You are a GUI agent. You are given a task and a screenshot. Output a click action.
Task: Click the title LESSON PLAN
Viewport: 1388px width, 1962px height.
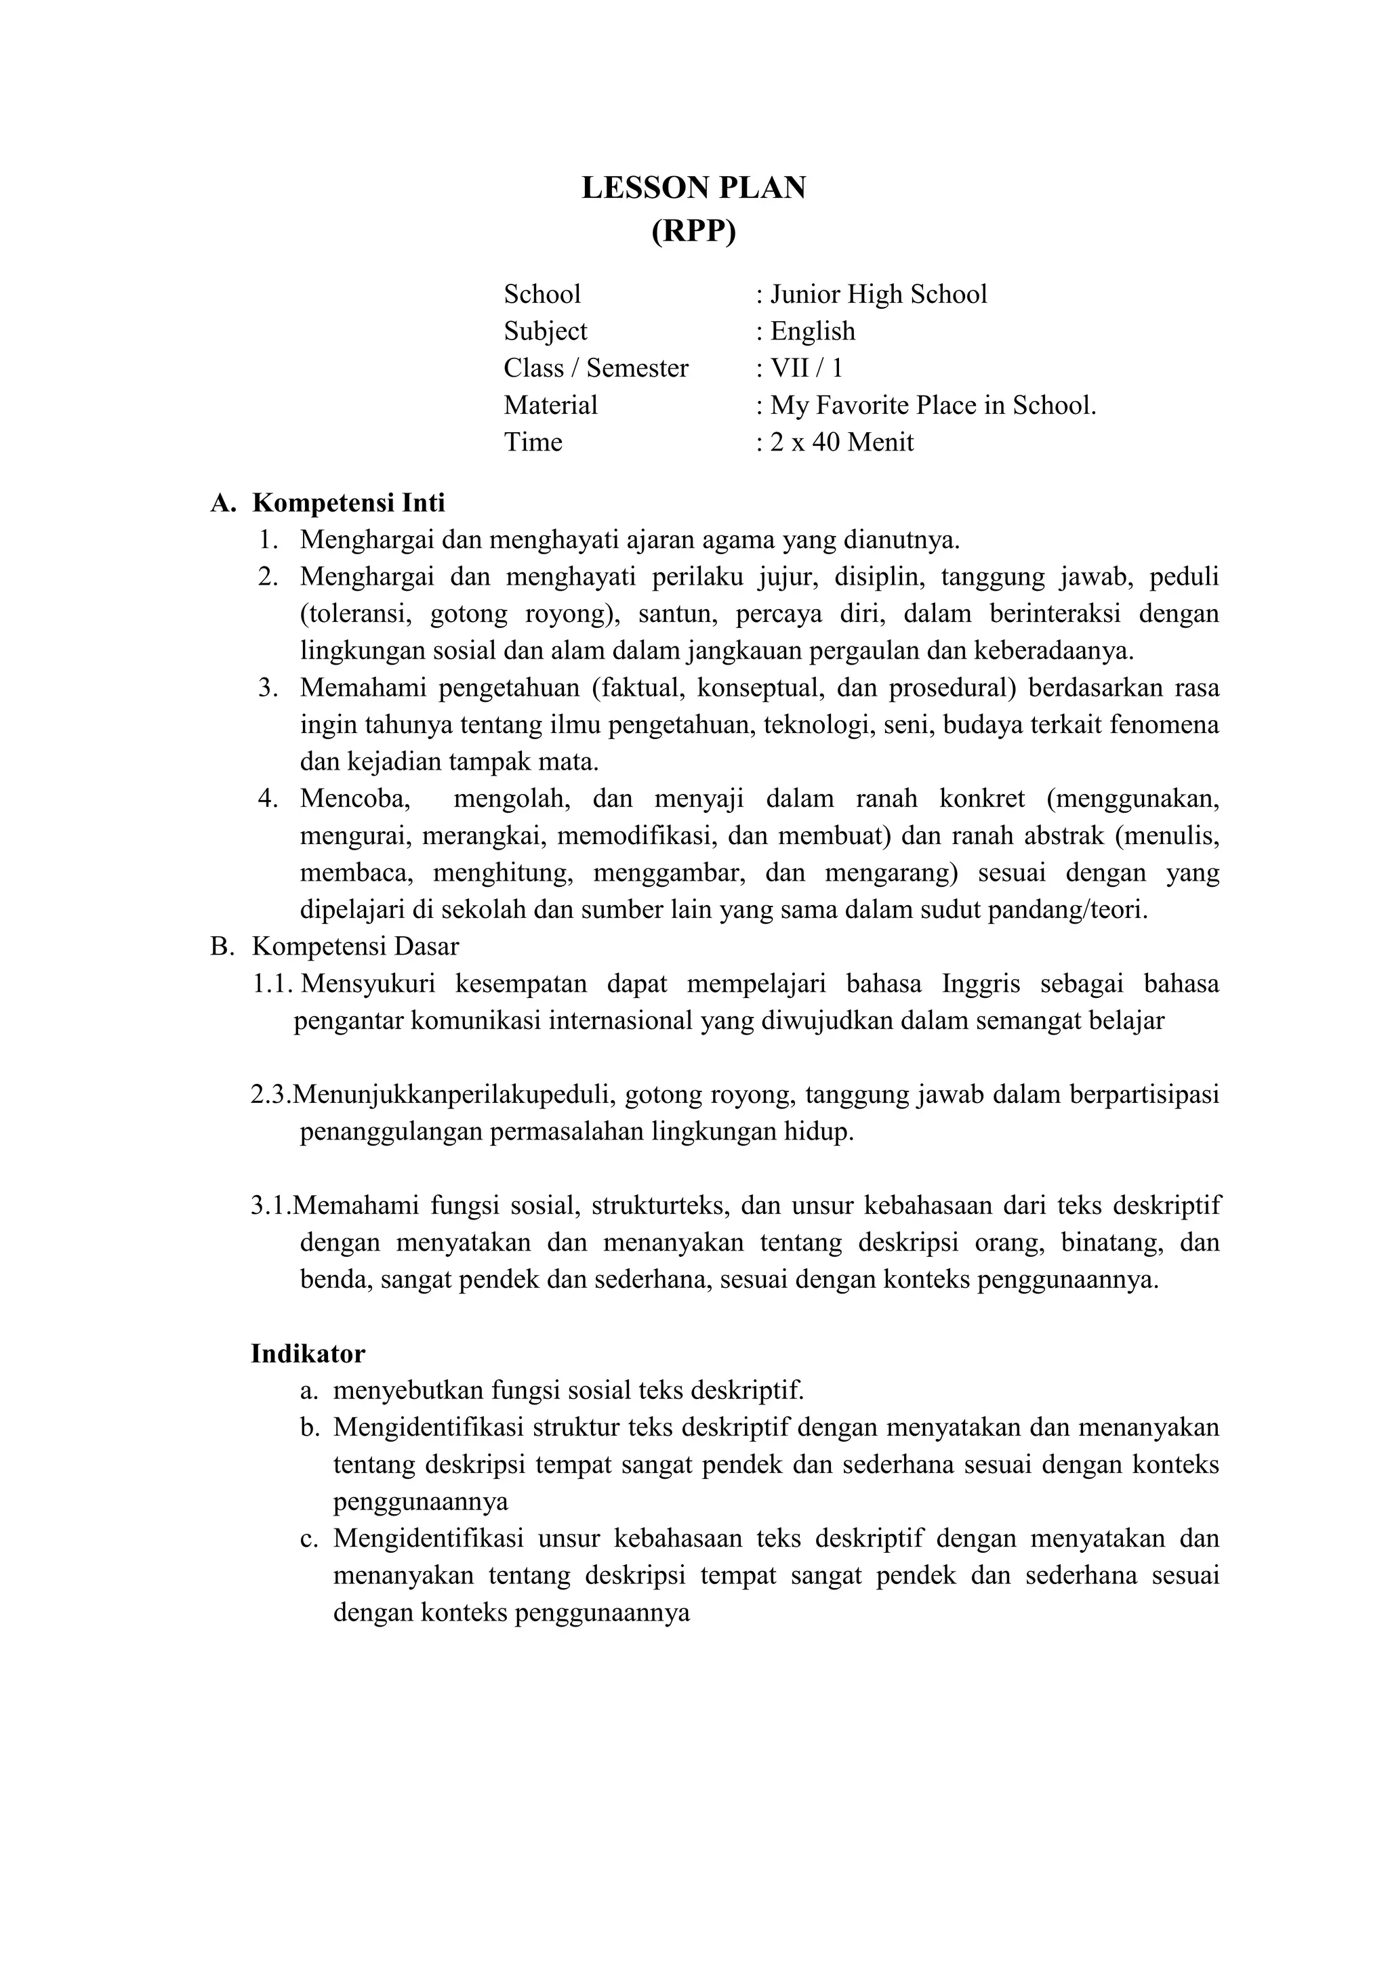coord(693,188)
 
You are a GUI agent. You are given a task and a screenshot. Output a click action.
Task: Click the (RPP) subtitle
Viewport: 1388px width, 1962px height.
coord(693,232)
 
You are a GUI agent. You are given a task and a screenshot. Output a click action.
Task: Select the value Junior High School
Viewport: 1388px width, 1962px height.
coord(878,295)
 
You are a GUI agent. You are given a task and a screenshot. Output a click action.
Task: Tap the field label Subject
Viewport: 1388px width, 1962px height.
coord(546,331)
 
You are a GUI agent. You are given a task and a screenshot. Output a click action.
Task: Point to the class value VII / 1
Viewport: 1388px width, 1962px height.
coord(806,369)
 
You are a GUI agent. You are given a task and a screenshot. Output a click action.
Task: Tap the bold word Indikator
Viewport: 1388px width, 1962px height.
coord(308,1354)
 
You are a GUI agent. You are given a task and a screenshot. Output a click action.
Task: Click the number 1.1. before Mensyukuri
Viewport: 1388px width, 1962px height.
coord(272,984)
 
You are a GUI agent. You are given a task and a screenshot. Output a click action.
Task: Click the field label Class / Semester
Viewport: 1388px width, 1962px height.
coord(596,369)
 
